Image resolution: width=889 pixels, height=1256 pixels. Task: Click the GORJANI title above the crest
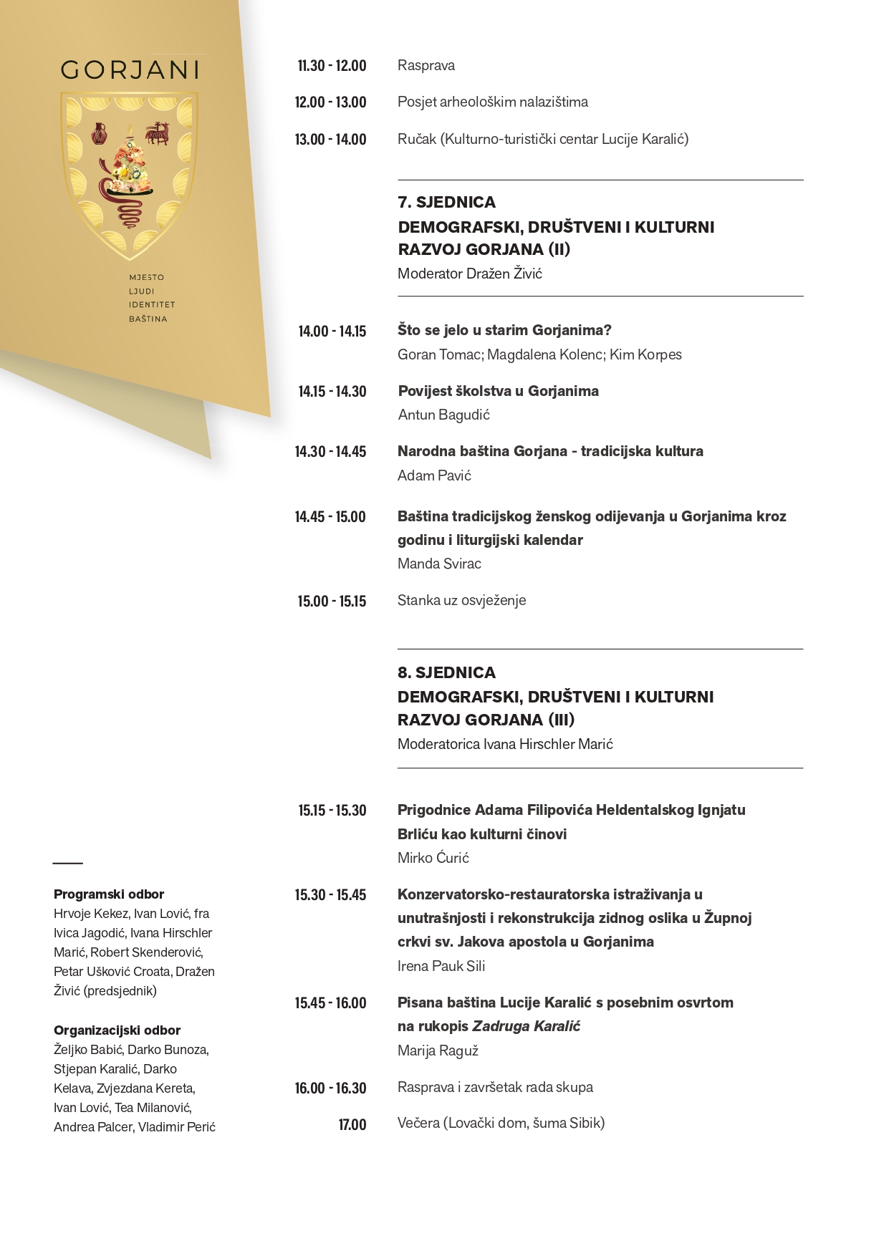[x=130, y=69]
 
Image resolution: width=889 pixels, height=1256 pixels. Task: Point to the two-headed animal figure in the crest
[x=158, y=132]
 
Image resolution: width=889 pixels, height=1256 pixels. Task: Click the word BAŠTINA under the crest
[x=148, y=319]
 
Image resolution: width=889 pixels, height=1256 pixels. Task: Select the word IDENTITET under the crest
[x=152, y=304]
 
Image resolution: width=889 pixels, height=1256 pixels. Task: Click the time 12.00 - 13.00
[x=330, y=102]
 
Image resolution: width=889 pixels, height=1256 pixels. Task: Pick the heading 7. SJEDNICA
[x=446, y=202]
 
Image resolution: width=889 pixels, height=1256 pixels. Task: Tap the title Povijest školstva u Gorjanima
[x=498, y=391]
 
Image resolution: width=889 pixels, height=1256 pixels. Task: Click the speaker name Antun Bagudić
[x=443, y=415]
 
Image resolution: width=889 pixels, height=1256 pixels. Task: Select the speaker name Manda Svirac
[x=439, y=564]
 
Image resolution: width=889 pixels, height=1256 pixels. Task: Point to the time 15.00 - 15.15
[x=332, y=601]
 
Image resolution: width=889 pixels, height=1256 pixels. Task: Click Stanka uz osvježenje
[x=461, y=600]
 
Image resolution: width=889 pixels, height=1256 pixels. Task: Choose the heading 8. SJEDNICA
[x=446, y=672]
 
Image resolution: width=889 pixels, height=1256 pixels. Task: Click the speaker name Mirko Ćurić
[x=433, y=858]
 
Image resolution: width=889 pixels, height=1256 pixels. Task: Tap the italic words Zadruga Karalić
[x=526, y=1026]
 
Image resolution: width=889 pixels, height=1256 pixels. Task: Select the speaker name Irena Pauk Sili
[x=441, y=966]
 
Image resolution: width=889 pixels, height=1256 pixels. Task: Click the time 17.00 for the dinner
[x=352, y=1124]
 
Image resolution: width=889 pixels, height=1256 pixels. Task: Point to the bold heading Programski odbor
[x=109, y=894]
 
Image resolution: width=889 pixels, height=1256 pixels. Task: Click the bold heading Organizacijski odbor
[x=117, y=1030]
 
